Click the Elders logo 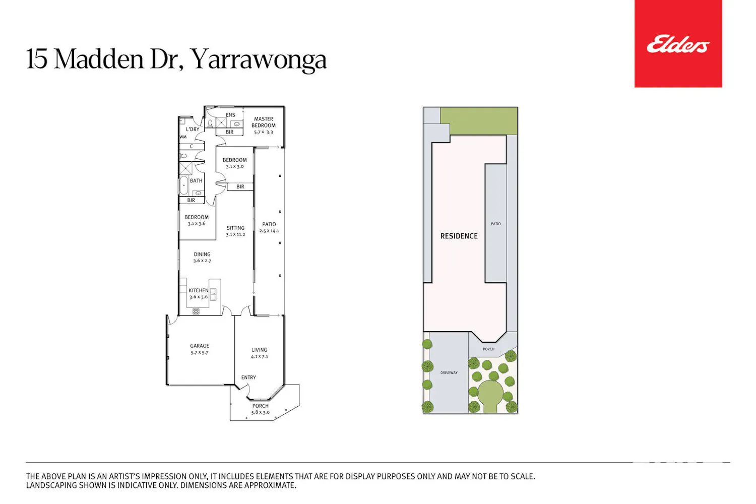(678, 44)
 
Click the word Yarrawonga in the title (259, 60)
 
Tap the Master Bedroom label (264, 122)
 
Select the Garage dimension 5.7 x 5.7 (200, 353)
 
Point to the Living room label (259, 350)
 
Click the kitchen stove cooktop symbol (196, 311)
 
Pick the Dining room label (202, 254)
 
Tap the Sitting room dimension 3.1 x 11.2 (235, 235)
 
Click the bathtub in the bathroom (183, 185)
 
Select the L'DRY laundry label (193, 130)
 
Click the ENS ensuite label (230, 115)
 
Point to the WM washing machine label (183, 137)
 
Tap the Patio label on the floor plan (269, 224)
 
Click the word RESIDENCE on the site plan (459, 236)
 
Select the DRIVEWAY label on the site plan (449, 372)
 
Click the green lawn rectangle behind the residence (479, 121)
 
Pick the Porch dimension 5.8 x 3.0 (261, 412)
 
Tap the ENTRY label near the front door (248, 377)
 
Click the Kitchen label (199, 290)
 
